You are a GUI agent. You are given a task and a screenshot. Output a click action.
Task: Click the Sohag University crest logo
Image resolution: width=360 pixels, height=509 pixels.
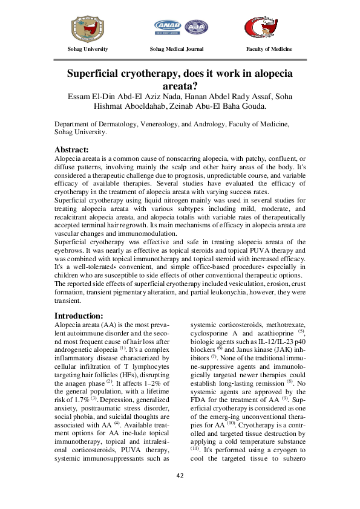(88, 27)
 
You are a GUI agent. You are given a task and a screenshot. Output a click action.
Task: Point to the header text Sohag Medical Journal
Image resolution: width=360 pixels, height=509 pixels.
(177, 49)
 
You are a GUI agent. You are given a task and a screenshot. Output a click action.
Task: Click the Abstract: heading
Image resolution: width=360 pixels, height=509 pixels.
(72, 149)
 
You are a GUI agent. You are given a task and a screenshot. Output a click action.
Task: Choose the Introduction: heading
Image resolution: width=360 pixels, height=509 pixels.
(79, 316)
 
